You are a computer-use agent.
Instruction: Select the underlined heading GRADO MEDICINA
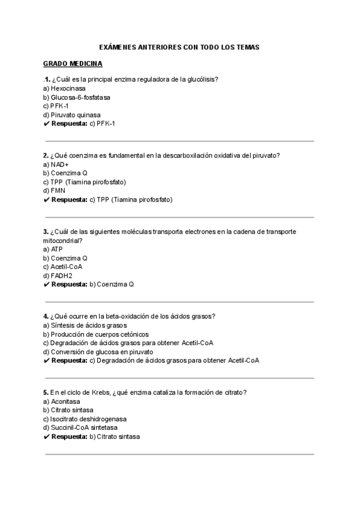(x=73, y=63)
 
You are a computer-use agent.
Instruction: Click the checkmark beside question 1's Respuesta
(x=46, y=124)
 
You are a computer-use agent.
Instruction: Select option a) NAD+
(x=56, y=164)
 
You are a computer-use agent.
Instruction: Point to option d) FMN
(x=54, y=191)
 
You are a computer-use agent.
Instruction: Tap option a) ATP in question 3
(x=53, y=249)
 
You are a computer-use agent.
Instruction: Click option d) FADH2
(x=58, y=276)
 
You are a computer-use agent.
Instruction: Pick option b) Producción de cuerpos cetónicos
(x=96, y=334)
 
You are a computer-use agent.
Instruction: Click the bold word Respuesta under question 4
(x=70, y=361)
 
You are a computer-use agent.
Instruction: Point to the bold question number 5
(x=46, y=393)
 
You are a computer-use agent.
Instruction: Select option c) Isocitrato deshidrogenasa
(x=84, y=419)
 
